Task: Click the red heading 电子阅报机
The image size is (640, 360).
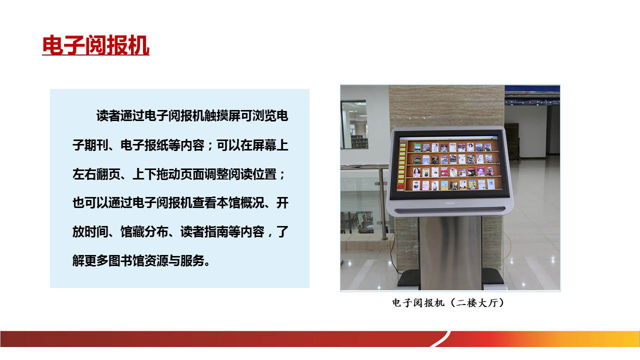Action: [95, 45]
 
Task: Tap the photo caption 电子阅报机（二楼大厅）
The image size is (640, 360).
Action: [448, 303]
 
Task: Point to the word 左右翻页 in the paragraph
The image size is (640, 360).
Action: [96, 174]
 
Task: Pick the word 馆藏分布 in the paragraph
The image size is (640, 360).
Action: [144, 231]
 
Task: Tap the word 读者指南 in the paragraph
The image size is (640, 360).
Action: [204, 231]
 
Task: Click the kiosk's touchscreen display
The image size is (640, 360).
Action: [449, 164]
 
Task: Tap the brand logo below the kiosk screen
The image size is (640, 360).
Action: [449, 203]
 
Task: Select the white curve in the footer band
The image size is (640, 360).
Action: [440, 339]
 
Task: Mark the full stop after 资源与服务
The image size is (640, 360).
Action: [207, 263]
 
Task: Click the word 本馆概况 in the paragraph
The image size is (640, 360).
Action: [240, 203]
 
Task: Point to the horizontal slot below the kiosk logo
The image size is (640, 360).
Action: [450, 210]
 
